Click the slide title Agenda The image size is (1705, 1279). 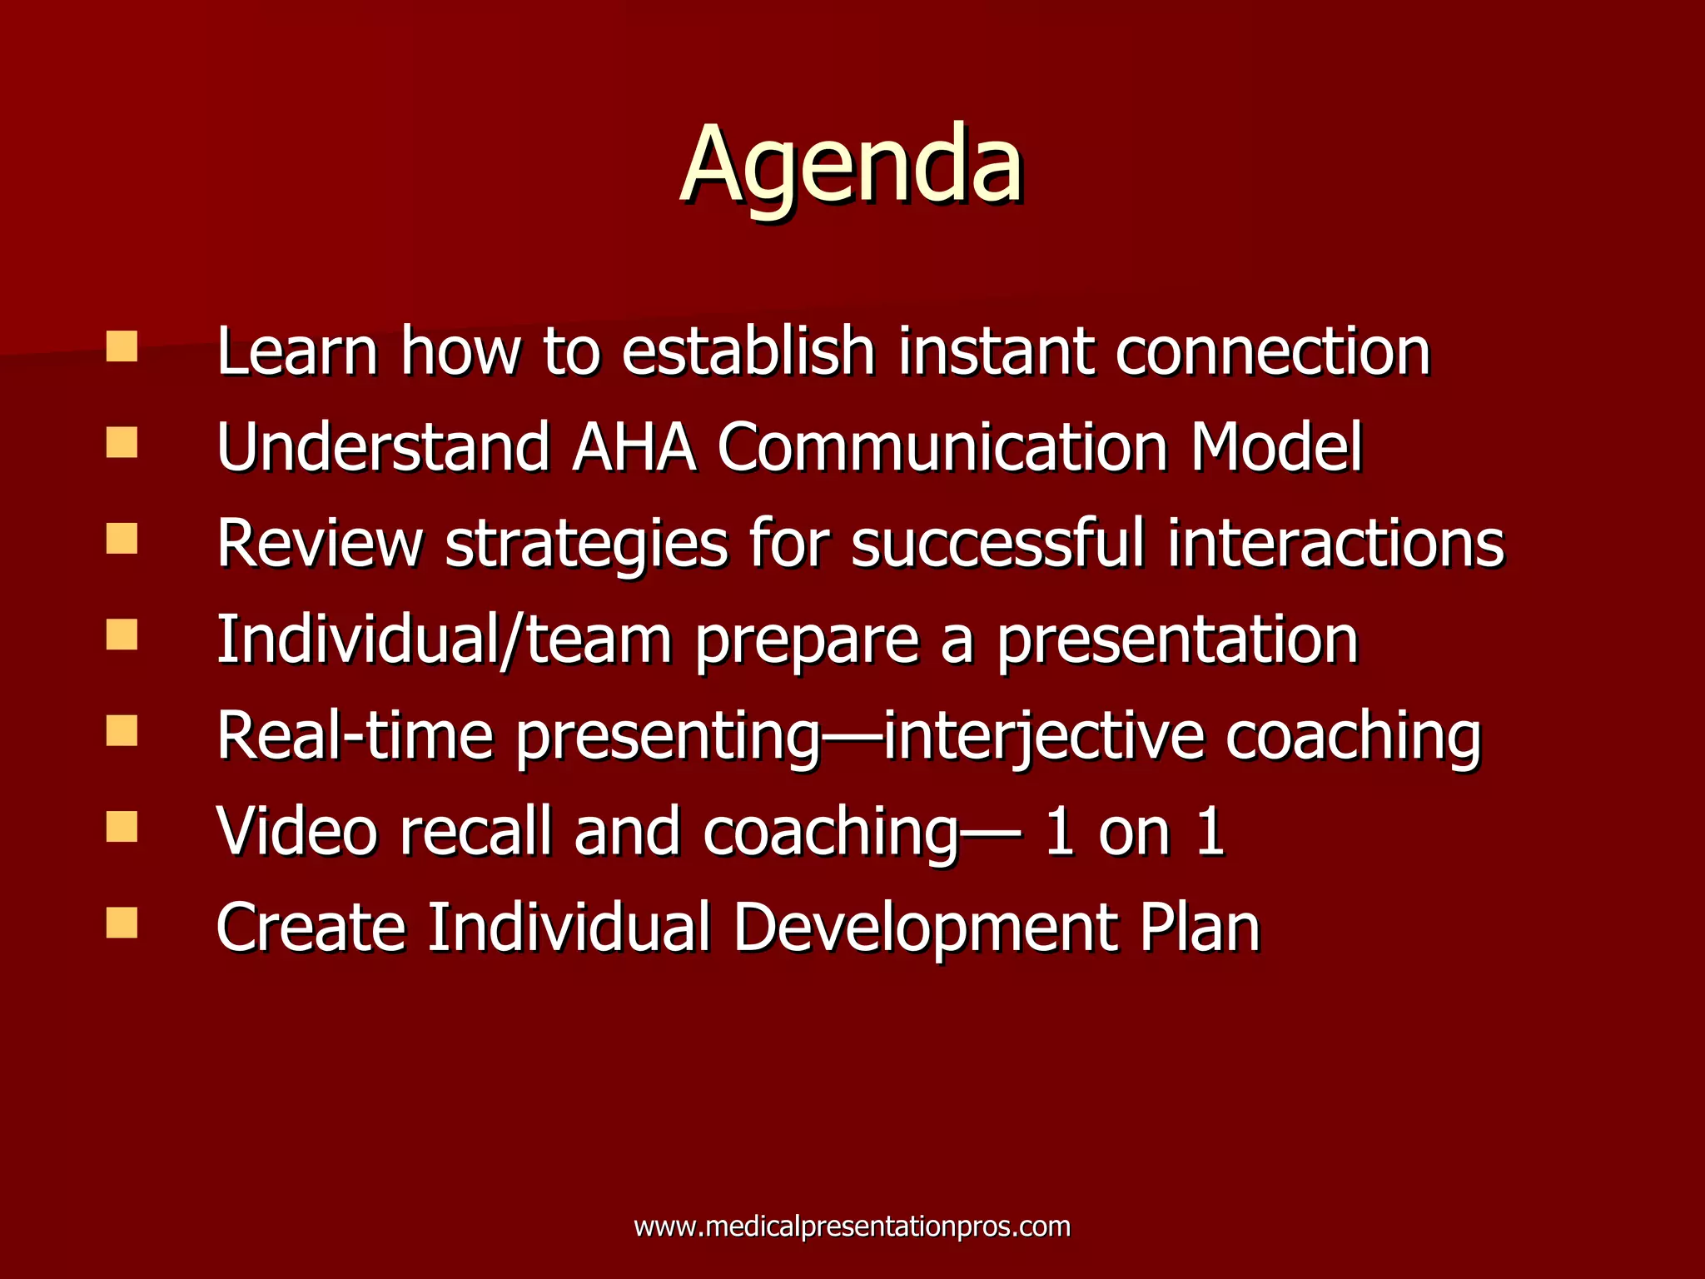point(852,164)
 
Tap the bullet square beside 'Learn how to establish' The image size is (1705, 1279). point(122,346)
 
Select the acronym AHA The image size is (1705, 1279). point(634,448)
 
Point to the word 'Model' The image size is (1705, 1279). point(1275,448)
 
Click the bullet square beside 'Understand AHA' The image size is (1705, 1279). point(122,442)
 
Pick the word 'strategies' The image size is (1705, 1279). point(586,545)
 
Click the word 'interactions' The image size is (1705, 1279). point(1335,543)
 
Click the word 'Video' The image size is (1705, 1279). point(296,831)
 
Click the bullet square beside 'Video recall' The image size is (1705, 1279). point(122,827)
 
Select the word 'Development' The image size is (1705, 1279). point(924,928)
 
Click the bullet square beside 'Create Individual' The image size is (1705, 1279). point(122,923)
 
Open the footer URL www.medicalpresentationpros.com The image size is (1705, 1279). point(852,1227)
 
